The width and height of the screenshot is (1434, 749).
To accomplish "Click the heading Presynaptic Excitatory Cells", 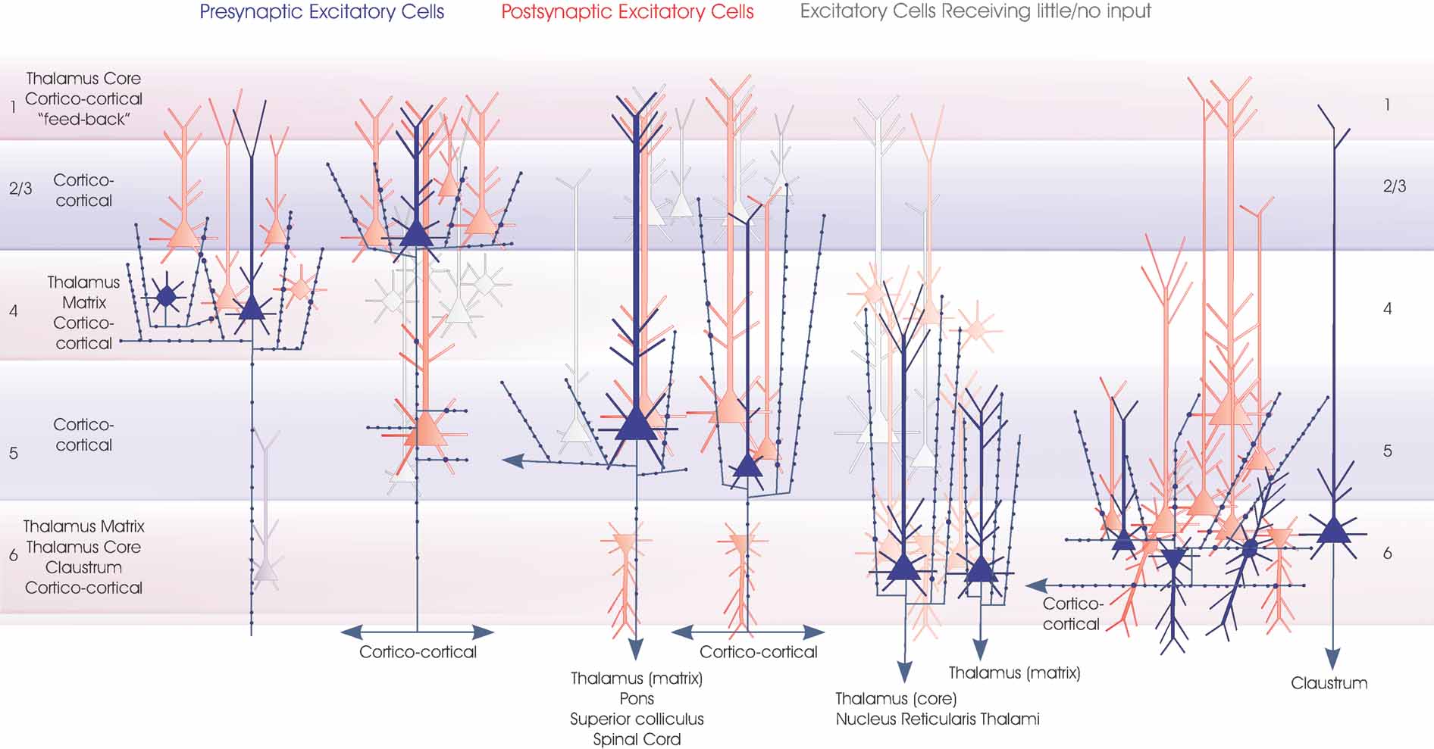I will (x=321, y=12).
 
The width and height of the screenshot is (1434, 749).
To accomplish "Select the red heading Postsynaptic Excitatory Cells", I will (x=627, y=12).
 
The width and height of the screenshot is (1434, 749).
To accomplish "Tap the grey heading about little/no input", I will (x=975, y=11).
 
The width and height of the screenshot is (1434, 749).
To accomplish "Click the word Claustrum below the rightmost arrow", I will (x=1329, y=683).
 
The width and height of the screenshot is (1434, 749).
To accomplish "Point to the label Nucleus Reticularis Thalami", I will (x=938, y=719).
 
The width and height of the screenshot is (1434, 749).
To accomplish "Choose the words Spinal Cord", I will (x=637, y=739).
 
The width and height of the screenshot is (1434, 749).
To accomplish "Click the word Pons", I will (x=637, y=698).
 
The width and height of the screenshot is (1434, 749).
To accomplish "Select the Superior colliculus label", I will (x=637, y=719).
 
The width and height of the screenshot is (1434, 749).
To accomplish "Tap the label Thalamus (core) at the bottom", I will (x=896, y=698).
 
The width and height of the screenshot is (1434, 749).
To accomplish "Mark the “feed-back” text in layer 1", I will (x=83, y=119).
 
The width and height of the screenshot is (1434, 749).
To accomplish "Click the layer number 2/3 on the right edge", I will (x=1394, y=186).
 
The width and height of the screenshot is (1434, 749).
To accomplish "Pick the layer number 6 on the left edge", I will (x=13, y=556).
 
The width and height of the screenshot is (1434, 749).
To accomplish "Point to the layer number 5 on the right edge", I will (x=1387, y=451).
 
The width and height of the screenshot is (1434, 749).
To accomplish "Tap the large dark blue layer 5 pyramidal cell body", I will (x=636, y=424).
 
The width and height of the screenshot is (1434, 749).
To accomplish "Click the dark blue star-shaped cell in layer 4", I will (x=166, y=296).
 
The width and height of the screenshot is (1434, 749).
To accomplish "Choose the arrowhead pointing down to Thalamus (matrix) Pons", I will (x=636, y=648).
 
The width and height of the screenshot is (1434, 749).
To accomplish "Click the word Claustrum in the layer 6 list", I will (x=83, y=567).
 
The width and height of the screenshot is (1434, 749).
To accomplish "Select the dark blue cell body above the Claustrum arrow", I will (x=1333, y=529).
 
